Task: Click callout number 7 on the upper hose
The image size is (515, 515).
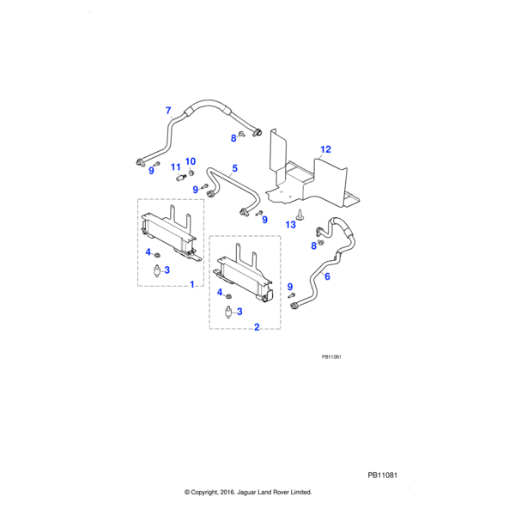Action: coord(168,111)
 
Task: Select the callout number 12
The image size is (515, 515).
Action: coord(325,149)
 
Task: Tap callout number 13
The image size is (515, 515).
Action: coord(290,224)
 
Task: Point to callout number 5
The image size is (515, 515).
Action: coord(234,170)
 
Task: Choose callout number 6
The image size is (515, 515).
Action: coord(326,276)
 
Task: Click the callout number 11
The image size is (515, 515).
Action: coord(174,167)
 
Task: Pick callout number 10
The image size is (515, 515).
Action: coord(191,161)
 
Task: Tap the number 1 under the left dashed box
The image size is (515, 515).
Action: coord(191,284)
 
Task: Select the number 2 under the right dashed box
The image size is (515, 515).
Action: coord(257,326)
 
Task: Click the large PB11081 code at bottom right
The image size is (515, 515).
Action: coord(385,475)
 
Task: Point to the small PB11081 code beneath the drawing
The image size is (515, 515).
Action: coord(332,357)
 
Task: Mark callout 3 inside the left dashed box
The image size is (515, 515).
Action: coord(167,270)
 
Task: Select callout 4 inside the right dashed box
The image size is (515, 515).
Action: coord(220,293)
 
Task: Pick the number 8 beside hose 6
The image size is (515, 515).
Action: coord(312,246)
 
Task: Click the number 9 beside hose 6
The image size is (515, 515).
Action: coord(290,287)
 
